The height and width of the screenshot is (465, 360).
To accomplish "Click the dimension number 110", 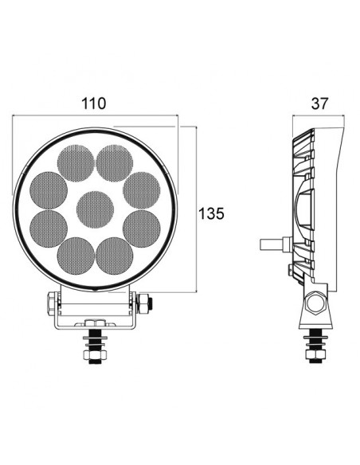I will [x=94, y=104].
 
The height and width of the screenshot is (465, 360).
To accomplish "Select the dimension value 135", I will [x=211, y=213].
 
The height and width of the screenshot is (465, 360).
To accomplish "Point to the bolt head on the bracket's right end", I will [x=145, y=303].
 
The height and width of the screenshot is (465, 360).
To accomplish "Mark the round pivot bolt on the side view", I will [x=317, y=304].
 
